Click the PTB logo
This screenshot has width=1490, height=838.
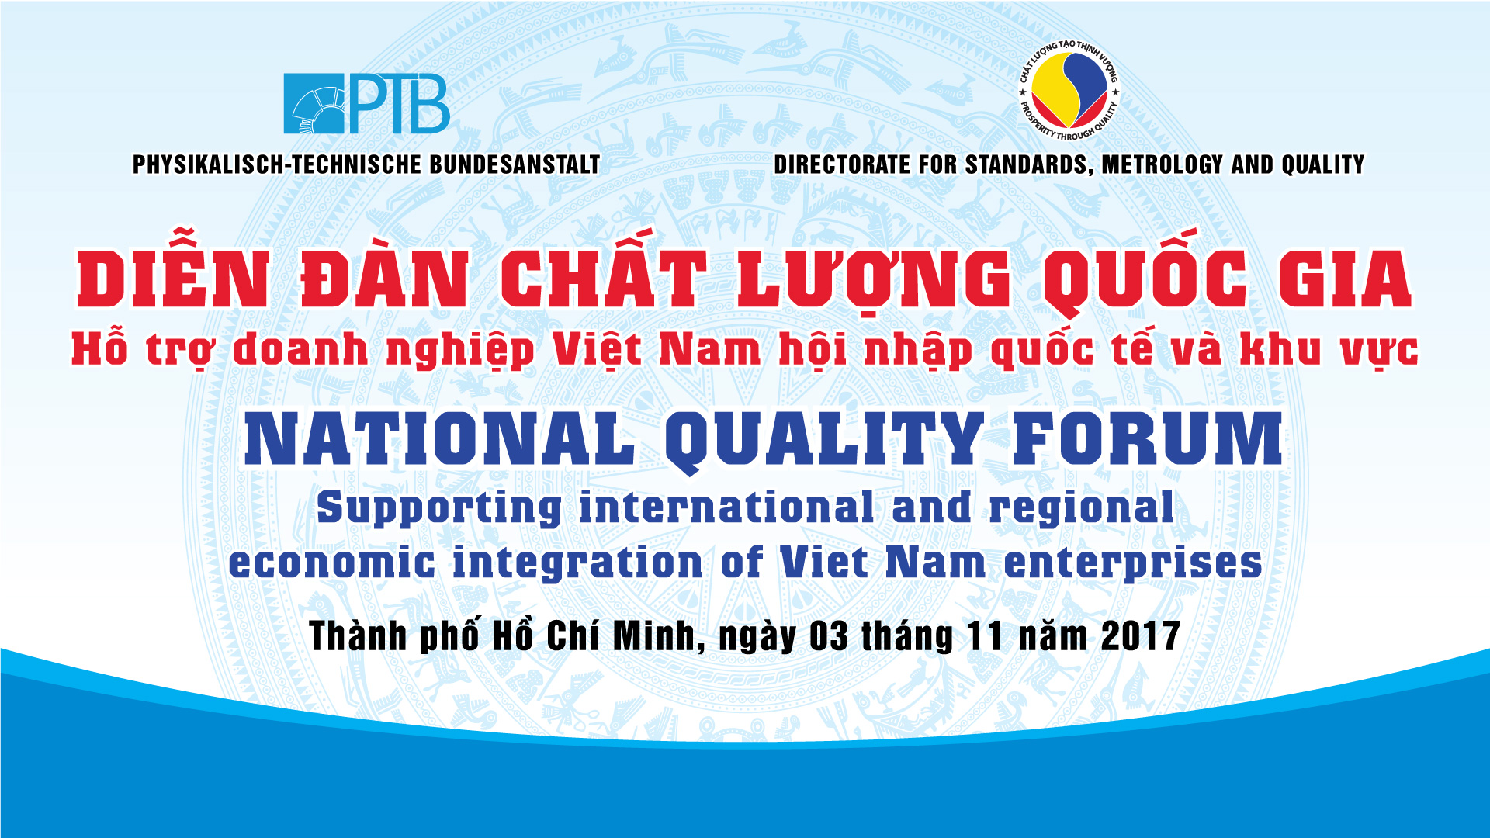tap(366, 104)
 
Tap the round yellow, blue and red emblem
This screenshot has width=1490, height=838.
tap(1069, 90)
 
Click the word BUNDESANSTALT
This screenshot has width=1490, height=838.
tap(515, 164)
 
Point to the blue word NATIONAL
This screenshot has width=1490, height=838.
tap(439, 439)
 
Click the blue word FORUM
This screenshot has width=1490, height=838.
tap(1148, 439)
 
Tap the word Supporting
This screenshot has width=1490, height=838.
tap(439, 510)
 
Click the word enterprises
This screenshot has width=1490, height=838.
tap(1133, 564)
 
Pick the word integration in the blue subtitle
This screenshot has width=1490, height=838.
tap(577, 564)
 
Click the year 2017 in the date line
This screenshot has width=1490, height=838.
tap(1141, 636)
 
